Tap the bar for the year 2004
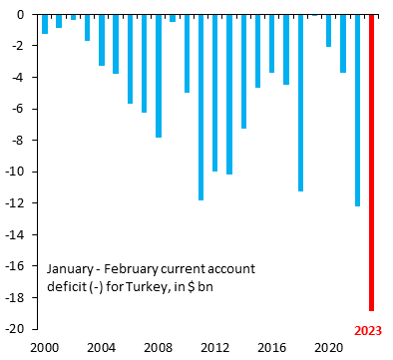pos(101,40)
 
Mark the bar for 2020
pos(329,31)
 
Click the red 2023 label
pos(369,332)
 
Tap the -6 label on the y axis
pos(18,109)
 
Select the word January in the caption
pos(69,267)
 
